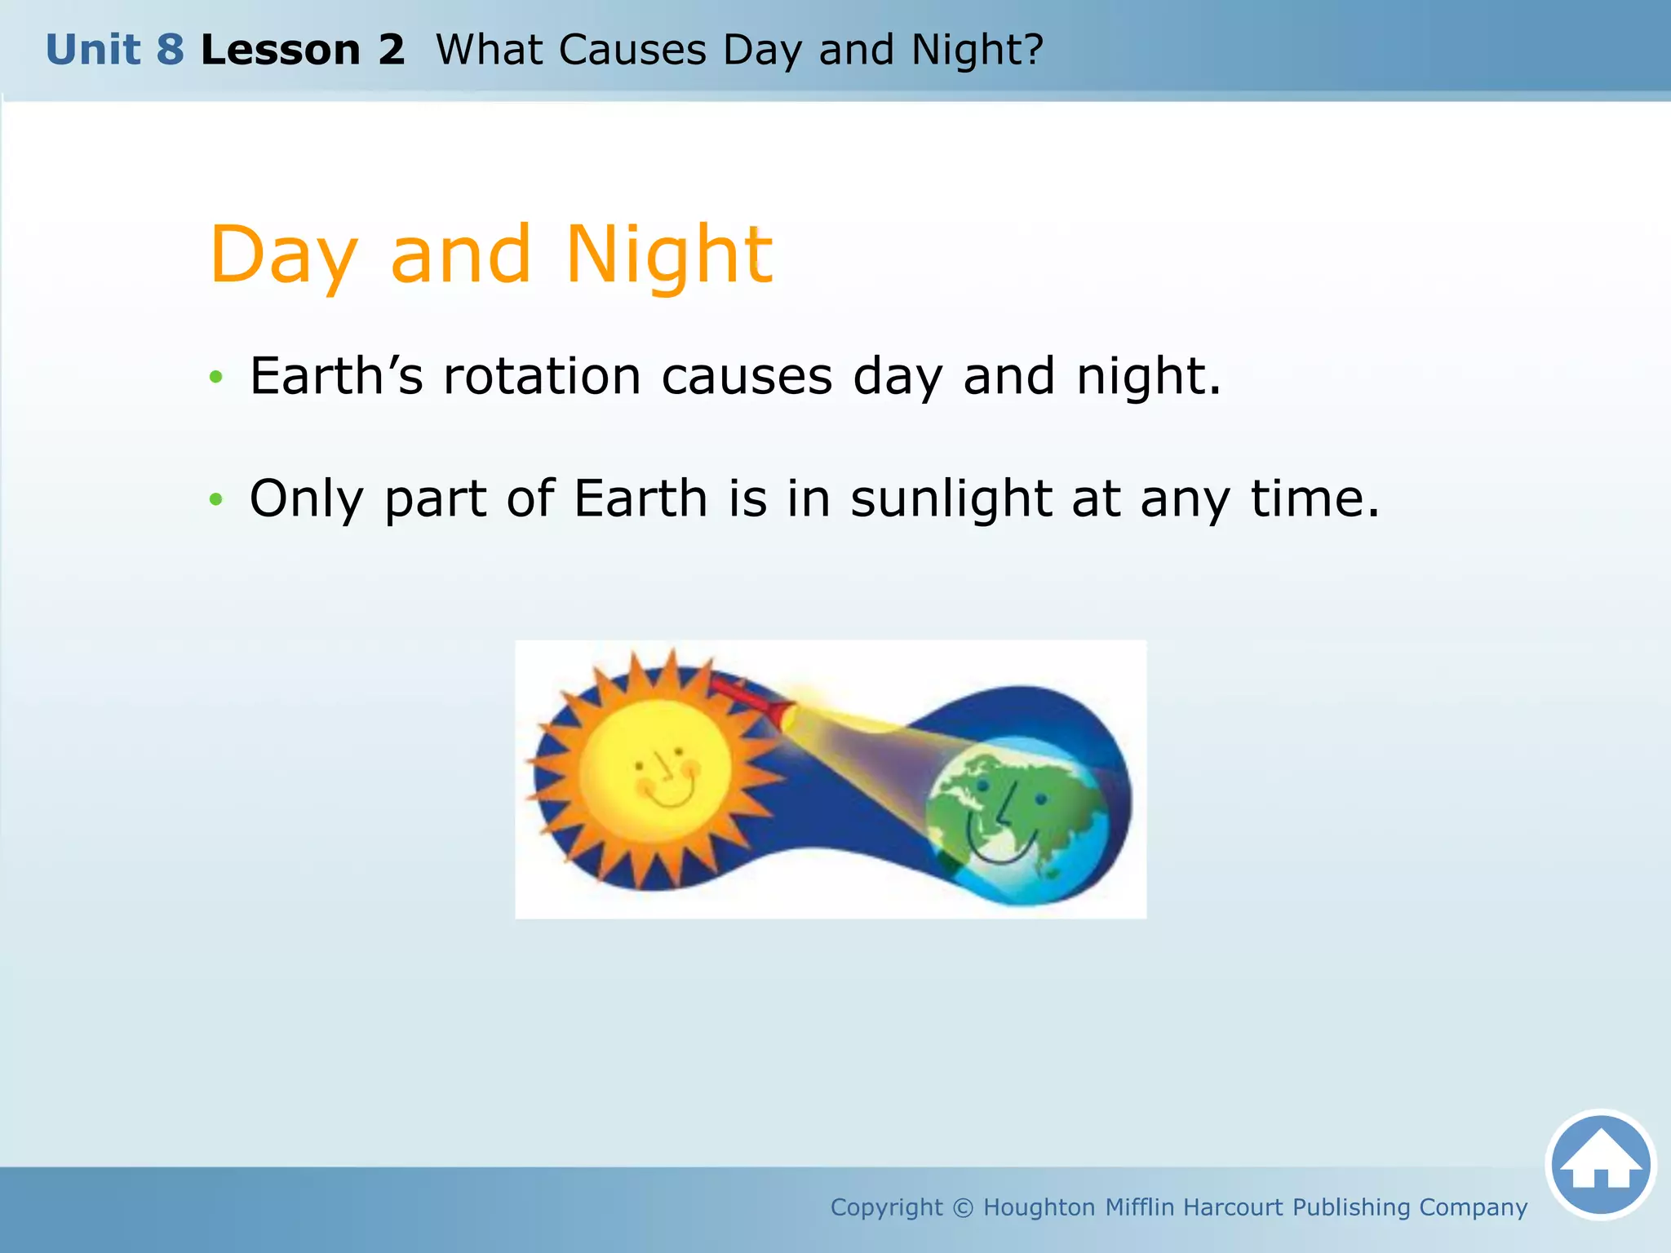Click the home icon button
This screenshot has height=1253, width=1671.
(x=1600, y=1164)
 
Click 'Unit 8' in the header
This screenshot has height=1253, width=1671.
(x=115, y=50)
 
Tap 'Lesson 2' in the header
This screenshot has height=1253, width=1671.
(x=303, y=50)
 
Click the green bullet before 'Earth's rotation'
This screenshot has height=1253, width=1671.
(x=215, y=377)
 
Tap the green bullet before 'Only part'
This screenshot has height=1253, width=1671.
(x=215, y=498)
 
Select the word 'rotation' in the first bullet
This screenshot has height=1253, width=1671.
(x=542, y=377)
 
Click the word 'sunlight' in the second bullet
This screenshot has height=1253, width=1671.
(x=951, y=498)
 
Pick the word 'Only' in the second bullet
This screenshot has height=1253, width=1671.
(x=306, y=498)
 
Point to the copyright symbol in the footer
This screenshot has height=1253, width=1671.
(x=963, y=1207)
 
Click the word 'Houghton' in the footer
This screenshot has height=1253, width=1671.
(x=1039, y=1207)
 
